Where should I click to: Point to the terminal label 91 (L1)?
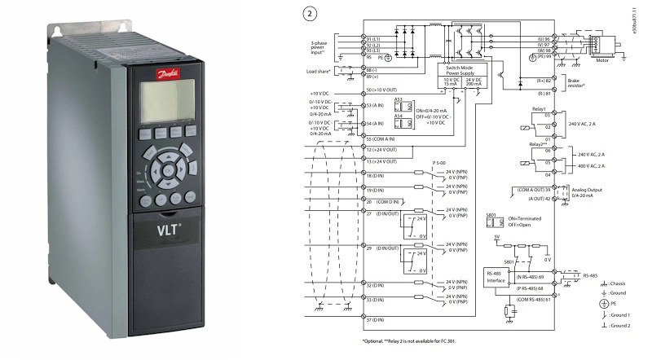[377, 37]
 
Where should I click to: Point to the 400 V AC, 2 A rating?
[601, 165]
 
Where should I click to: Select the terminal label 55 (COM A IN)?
[384, 140]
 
